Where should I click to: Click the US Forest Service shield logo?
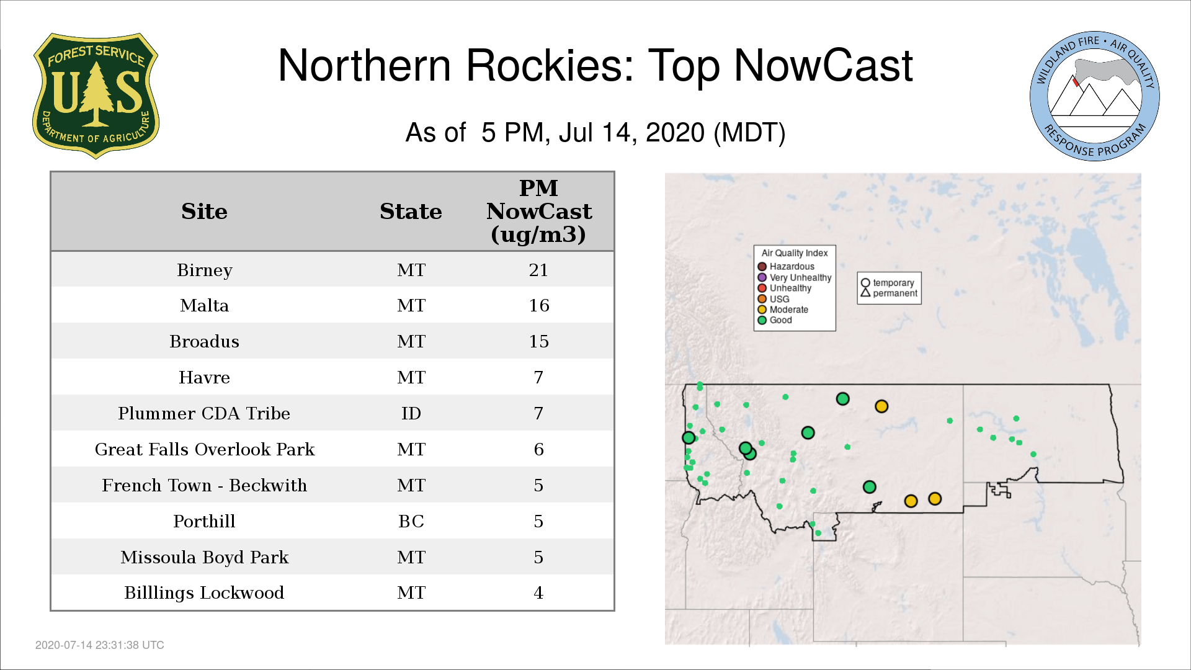(96, 96)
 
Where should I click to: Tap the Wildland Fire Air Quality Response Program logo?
(1095, 96)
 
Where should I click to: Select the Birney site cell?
(204, 270)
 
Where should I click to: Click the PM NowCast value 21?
(538, 270)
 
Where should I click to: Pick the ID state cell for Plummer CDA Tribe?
(411, 413)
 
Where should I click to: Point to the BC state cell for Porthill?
(411, 521)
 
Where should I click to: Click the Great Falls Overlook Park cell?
(205, 449)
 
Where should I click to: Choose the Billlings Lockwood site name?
(204, 593)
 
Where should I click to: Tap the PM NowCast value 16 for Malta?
(539, 305)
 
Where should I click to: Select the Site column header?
(204, 212)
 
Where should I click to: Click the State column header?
(411, 212)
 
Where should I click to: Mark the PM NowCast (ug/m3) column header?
(538, 211)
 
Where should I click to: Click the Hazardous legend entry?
(786, 267)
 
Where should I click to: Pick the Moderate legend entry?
(783, 310)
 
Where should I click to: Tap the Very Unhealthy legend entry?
(795, 277)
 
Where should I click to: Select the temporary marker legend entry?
(888, 283)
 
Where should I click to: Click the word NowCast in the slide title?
(823, 66)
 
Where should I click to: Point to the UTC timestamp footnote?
(100, 645)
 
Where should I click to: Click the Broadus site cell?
(204, 341)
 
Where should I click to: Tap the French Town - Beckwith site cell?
(205, 485)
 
